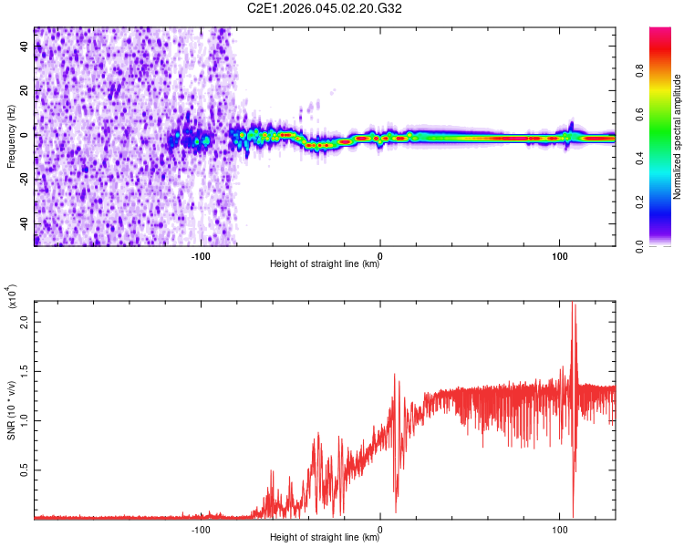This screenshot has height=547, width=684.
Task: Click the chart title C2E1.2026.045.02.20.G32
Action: click(325, 8)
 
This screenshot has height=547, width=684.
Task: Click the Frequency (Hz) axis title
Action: click(11, 136)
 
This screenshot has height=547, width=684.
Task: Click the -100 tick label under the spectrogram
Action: click(201, 254)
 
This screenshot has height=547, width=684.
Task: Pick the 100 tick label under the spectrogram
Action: click(559, 254)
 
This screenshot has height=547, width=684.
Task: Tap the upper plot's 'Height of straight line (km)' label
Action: click(325, 264)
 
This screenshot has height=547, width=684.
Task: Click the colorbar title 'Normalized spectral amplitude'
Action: click(678, 137)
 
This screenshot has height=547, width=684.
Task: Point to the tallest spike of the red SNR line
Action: click(574, 304)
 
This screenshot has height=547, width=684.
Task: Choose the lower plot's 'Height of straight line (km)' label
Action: click(325, 538)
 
